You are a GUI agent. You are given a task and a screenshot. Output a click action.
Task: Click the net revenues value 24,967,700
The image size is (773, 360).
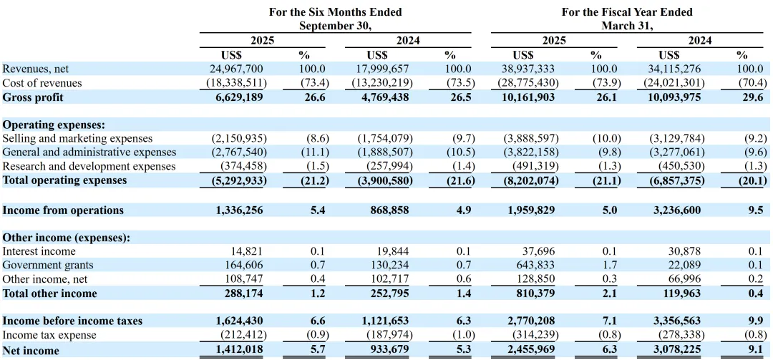pos(233,69)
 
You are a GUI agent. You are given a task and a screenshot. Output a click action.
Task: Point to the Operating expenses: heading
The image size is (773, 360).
pos(54,125)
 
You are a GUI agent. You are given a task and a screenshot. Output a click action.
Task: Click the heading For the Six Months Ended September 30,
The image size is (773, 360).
pos(335,19)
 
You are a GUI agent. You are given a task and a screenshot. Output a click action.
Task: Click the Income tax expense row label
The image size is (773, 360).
pos(49,336)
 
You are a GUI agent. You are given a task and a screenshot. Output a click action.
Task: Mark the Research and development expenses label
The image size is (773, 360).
pos(89,167)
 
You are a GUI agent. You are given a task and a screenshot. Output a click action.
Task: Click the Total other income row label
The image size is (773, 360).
pos(50,293)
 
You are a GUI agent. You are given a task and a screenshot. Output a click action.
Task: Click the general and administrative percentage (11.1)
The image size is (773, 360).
pos(312,152)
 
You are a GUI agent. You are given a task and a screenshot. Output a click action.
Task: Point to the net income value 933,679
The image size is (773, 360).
pos(387,351)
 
